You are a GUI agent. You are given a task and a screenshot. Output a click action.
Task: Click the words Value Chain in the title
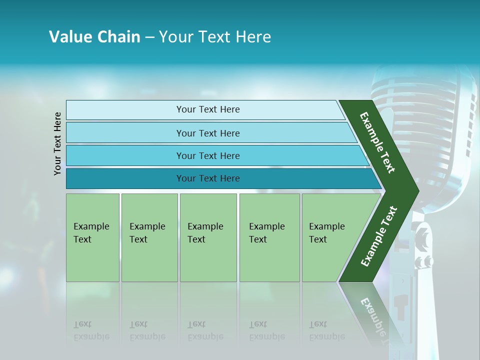[94, 36]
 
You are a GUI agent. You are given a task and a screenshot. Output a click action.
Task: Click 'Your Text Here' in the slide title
[214, 36]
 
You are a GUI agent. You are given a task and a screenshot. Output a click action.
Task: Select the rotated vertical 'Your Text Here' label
[57, 143]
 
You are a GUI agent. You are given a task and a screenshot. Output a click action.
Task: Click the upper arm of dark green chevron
[377, 142]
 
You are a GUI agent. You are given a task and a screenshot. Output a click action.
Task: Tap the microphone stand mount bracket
[422, 245]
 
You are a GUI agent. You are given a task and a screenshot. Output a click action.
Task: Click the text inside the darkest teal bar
[208, 178]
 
